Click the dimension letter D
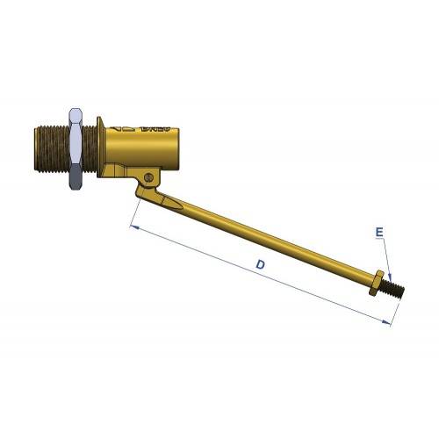pyautogui.click(x=260, y=264)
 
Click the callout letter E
pyautogui.click(x=378, y=233)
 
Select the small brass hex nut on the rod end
pyautogui.click(x=377, y=284)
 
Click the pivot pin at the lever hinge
pyautogui.click(x=150, y=178)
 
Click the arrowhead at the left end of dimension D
pyautogui.click(x=133, y=227)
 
